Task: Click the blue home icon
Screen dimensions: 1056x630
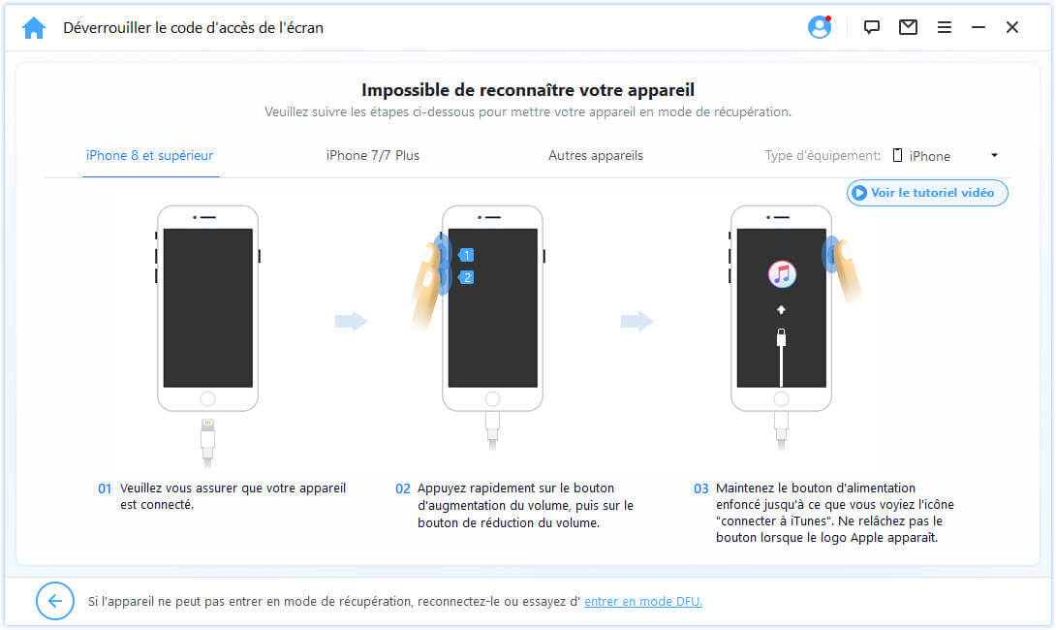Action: [x=34, y=28]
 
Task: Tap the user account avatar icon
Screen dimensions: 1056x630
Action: [x=819, y=27]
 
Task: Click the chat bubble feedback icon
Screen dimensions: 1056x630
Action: [x=872, y=27]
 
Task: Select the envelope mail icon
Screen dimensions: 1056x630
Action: [x=908, y=27]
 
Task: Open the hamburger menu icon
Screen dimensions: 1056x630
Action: [x=945, y=27]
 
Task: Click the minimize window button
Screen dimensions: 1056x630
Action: [x=978, y=27]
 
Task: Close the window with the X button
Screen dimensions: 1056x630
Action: [x=1012, y=27]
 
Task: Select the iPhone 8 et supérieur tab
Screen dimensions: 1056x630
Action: [x=149, y=156]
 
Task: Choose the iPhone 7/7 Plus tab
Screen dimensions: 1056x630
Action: [x=372, y=156]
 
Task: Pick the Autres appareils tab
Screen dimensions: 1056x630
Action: [x=596, y=156]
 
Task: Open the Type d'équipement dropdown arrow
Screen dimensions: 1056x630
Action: [x=994, y=156]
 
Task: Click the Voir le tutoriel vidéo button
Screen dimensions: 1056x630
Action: [x=927, y=193]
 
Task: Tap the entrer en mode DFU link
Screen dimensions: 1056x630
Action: [x=643, y=601]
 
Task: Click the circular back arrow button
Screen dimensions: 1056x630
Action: [x=55, y=600]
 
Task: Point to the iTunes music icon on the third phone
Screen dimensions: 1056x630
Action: [x=782, y=274]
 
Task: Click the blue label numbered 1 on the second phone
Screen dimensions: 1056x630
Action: [x=466, y=255]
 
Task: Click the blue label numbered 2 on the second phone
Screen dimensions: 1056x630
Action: [x=466, y=277]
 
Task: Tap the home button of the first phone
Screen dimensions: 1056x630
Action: [x=207, y=399]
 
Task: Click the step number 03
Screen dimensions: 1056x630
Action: [x=700, y=488]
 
